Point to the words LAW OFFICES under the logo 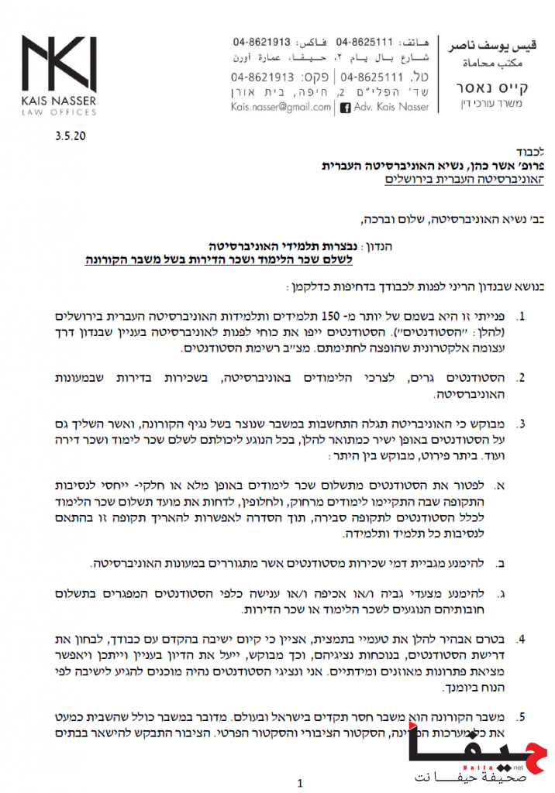pos(58,112)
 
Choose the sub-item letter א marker pos(501,485)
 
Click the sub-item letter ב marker pos(501,561)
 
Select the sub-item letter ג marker pos(501,593)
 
